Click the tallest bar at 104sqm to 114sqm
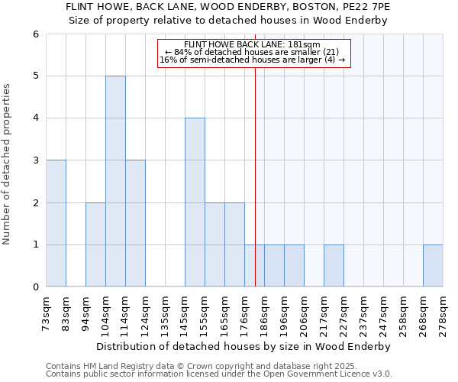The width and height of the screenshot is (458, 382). coord(115,181)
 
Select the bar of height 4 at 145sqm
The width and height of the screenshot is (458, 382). coord(195,202)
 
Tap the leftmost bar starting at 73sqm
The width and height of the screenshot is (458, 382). coord(56,223)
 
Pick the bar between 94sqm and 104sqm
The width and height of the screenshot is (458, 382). coord(95,244)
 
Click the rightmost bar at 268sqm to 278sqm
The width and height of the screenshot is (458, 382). coord(433,266)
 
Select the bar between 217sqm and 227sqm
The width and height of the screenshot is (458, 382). coord(334,266)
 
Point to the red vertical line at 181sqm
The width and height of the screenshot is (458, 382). coord(255,168)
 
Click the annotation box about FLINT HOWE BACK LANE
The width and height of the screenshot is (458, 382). coord(253,53)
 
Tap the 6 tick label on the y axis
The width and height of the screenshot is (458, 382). coord(35,34)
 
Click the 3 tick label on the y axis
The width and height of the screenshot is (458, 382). coord(35,160)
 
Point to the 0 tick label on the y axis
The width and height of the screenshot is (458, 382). coord(35,287)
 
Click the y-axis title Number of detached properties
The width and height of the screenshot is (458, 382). coord(8,164)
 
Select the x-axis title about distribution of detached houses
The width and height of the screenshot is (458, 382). coord(244,346)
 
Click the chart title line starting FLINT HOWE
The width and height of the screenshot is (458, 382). coord(228,6)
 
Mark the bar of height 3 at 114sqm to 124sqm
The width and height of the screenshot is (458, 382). coord(135,223)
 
